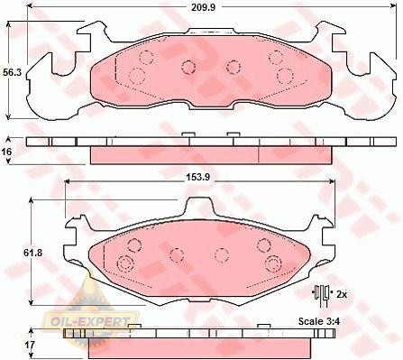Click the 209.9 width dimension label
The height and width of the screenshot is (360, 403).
[204, 7]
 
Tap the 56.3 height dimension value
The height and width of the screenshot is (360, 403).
[12, 72]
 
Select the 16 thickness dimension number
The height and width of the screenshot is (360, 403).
[7, 152]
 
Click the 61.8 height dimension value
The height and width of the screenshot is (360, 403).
[32, 253]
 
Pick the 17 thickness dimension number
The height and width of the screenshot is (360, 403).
[30, 345]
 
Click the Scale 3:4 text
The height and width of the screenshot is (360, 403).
[319, 321]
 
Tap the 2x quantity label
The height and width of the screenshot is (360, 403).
[342, 294]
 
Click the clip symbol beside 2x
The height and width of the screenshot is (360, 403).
[321, 295]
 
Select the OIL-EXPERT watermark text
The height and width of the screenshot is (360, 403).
[90, 322]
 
